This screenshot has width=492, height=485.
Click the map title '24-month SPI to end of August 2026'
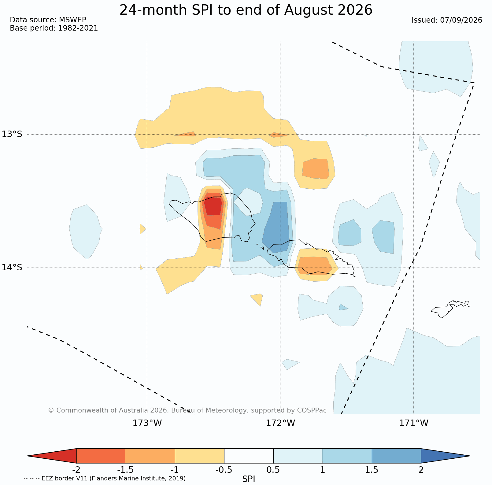coord(246,10)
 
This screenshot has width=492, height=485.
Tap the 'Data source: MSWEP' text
coord(48,20)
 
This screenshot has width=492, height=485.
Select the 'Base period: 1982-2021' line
coord(54,28)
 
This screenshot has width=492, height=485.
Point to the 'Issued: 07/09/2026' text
coord(447,20)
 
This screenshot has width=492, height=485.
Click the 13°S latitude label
coord(12,134)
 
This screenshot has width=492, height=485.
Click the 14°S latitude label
coord(12,268)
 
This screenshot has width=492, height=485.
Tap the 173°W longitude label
coord(147,423)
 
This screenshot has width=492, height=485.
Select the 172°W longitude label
coord(280,423)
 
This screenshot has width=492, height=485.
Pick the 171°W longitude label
coord(414,423)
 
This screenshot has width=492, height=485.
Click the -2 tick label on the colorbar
coord(76,470)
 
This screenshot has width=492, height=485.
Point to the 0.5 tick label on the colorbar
coord(273,470)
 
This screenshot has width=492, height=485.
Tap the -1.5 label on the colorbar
coord(125,470)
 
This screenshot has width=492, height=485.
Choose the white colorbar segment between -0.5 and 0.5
coord(249,456)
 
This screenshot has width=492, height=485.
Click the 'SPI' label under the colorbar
coord(249,479)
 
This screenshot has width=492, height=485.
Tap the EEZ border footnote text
coord(105,479)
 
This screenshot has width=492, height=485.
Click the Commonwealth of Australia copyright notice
coord(187,410)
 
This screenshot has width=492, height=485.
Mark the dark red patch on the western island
coord(213,206)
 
